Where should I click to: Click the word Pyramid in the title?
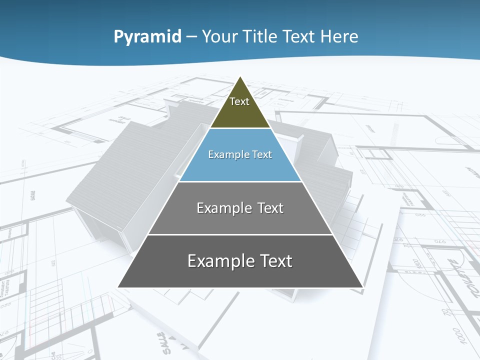pos(147,36)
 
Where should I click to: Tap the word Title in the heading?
pos(263,36)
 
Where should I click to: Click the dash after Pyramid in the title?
pos(192,37)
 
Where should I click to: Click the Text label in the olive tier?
pos(239,101)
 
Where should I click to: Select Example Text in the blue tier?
pos(240,154)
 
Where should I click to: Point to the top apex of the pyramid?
pos(240,77)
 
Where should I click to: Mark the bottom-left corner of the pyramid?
pos(118,287)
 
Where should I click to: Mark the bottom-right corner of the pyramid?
pos(363,287)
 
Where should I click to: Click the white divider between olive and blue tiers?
pos(240,128)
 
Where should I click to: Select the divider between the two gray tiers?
pos(240,234)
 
